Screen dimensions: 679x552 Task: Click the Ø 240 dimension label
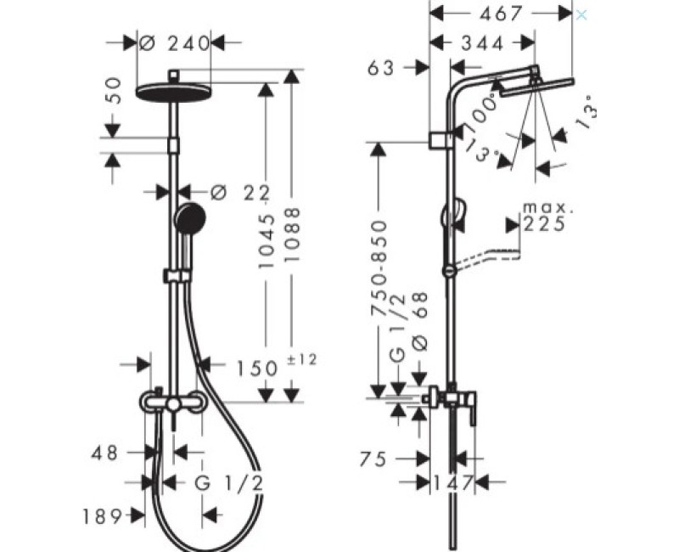point(175,43)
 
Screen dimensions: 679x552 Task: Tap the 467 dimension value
point(502,14)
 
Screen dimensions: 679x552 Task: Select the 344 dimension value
point(482,43)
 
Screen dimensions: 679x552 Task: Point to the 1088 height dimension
point(293,234)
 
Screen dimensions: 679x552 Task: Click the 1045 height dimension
point(267,241)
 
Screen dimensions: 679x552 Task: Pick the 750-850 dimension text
point(379,268)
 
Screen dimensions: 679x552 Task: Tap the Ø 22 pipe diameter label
point(240,193)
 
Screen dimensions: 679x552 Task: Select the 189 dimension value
point(103,516)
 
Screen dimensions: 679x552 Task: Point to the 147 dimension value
point(452,482)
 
